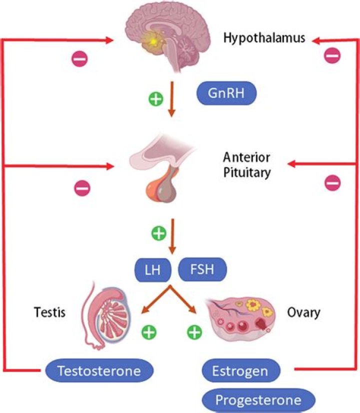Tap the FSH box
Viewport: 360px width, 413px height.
[202, 270]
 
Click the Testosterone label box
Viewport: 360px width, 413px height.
[98, 371]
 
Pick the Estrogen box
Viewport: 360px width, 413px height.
[240, 371]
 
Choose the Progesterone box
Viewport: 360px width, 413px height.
[259, 399]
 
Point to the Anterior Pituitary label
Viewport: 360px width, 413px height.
[247, 165]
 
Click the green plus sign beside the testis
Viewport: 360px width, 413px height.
[148, 331]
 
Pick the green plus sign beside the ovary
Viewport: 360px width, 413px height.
[195, 331]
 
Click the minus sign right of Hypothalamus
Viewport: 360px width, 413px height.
[332, 56]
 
